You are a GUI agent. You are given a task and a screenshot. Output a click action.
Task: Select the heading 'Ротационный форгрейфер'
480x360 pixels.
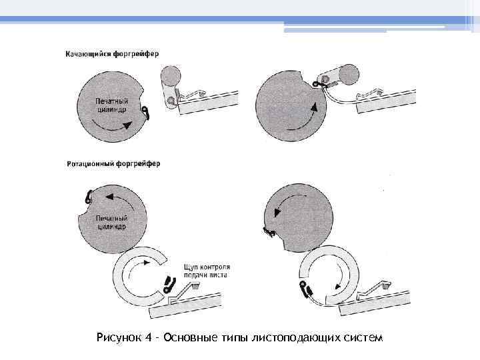coord(113,164)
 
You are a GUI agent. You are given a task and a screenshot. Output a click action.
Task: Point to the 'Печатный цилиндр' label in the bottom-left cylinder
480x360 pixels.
coord(111,222)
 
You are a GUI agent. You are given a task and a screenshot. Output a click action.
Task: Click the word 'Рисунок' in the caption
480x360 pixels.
coord(119,338)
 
